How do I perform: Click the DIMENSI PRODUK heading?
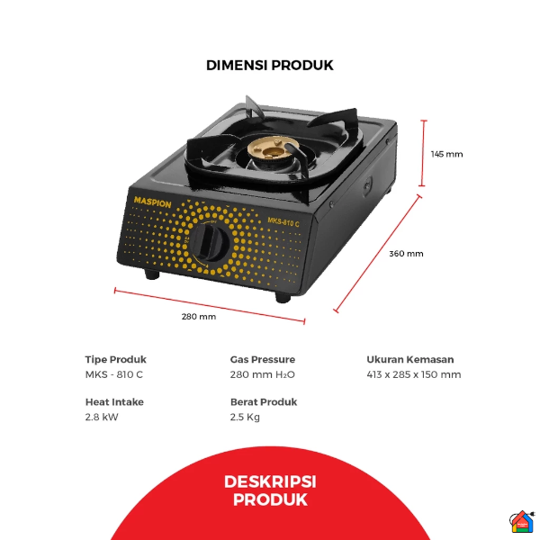[270, 65]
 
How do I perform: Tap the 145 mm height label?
[446, 154]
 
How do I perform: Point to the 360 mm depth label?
[406, 253]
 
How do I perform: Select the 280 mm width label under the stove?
[199, 316]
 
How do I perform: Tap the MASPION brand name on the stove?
[153, 202]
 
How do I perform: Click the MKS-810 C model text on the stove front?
[287, 219]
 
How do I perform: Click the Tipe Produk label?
[115, 359]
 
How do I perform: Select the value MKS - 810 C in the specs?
[114, 374]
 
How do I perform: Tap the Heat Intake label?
[114, 402]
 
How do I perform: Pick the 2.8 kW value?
[102, 417]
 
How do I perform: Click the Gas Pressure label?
[263, 359]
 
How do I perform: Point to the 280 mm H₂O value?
[263, 374]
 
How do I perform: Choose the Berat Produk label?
[264, 402]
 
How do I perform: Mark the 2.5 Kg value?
[245, 417]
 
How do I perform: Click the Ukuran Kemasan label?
[410, 359]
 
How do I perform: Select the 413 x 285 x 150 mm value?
[414, 374]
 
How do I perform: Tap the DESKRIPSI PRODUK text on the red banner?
[270, 490]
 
